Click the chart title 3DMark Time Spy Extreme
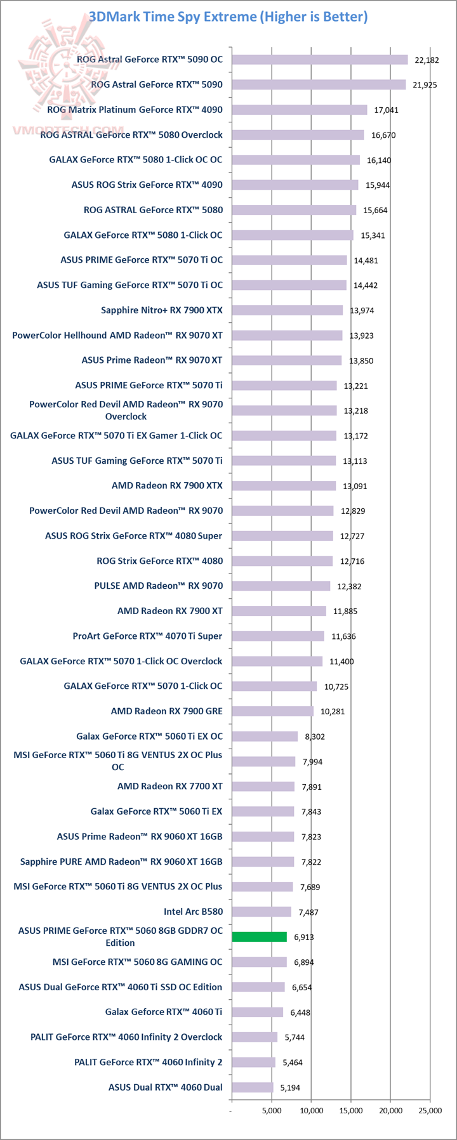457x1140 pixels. click(x=228, y=17)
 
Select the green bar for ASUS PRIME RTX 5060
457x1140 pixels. click(x=259, y=937)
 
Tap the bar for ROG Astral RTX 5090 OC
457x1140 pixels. click(x=319, y=60)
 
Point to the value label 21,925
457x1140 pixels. click(x=424, y=85)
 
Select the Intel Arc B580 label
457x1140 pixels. click(x=193, y=912)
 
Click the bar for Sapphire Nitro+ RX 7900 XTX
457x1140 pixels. click(x=287, y=310)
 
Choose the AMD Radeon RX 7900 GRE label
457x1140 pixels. click(x=167, y=711)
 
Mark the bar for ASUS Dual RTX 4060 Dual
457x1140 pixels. click(x=252, y=1087)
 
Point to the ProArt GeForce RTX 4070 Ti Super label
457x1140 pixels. click(x=148, y=636)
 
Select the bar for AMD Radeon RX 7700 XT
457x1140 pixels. click(x=263, y=787)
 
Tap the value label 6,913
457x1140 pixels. click(x=304, y=938)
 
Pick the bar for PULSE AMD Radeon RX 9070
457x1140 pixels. click(x=281, y=586)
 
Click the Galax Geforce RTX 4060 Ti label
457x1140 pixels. click(x=164, y=1012)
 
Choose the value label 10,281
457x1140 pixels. click(x=333, y=712)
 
